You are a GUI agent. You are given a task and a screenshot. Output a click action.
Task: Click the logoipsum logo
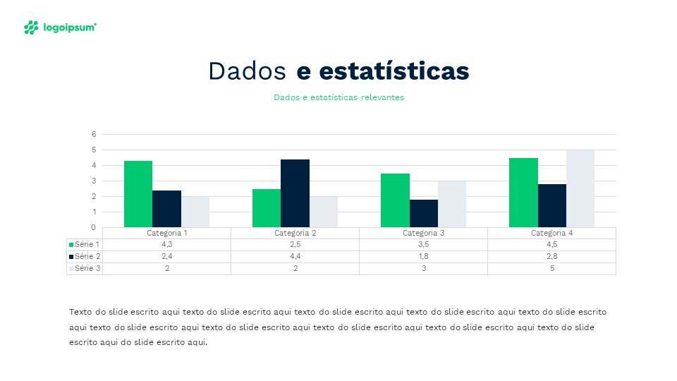click(59, 28)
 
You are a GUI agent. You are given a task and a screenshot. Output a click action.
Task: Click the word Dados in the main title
click(247, 71)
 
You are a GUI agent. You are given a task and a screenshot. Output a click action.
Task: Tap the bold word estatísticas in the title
click(394, 71)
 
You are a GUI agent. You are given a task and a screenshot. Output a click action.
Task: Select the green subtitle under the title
click(338, 97)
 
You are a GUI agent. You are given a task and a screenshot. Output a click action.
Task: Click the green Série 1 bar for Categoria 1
click(138, 194)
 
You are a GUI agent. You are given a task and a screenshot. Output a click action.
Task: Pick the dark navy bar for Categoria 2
click(295, 193)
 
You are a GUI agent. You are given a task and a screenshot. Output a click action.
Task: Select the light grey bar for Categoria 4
click(580, 188)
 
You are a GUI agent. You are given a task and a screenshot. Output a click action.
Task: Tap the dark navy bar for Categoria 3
click(423, 213)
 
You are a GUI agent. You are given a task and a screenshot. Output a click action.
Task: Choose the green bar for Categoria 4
click(523, 193)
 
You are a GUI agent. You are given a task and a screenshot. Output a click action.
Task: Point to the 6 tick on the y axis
click(94, 134)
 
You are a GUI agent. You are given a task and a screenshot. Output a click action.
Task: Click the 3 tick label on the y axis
click(94, 181)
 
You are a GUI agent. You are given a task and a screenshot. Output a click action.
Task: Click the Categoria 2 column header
click(295, 233)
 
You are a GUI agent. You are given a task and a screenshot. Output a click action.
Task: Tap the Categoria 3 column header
click(423, 233)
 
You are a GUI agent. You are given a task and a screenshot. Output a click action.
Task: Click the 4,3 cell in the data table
click(167, 244)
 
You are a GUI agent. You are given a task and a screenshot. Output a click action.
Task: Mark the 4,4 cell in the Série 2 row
click(295, 256)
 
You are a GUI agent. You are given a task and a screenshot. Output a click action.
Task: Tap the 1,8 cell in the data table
click(423, 256)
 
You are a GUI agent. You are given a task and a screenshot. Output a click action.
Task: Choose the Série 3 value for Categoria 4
click(551, 268)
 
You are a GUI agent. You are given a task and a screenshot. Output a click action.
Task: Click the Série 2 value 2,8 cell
click(551, 256)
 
